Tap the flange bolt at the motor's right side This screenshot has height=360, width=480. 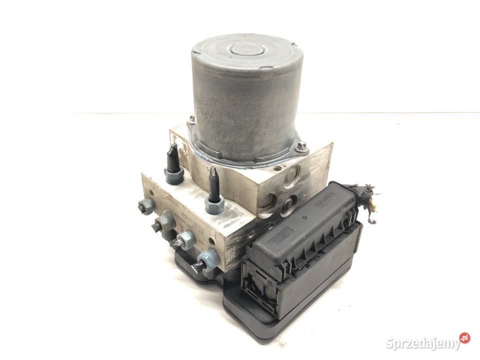tap(301, 146)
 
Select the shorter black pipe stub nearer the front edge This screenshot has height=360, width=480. tap(213, 187)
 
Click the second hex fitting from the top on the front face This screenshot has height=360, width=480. tap(164, 222)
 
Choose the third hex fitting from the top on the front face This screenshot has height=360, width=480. tap(184, 240)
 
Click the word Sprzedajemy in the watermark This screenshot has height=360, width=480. tap(422, 343)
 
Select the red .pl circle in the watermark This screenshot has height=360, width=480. tap(464, 337)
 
